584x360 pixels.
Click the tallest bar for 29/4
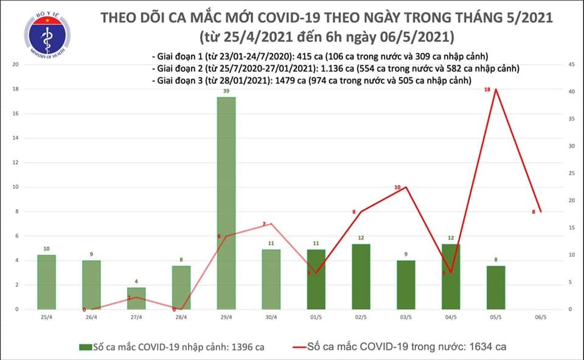coord(226,203)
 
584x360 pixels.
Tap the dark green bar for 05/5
coord(496,287)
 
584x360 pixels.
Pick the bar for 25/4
coord(46,282)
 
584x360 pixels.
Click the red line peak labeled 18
coord(496,89)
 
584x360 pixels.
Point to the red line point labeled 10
coord(406,187)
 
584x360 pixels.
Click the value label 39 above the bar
coord(226,91)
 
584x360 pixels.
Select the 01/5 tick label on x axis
coord(316,318)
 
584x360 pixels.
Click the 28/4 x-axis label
coord(181,318)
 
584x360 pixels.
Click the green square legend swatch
coord(85,347)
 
